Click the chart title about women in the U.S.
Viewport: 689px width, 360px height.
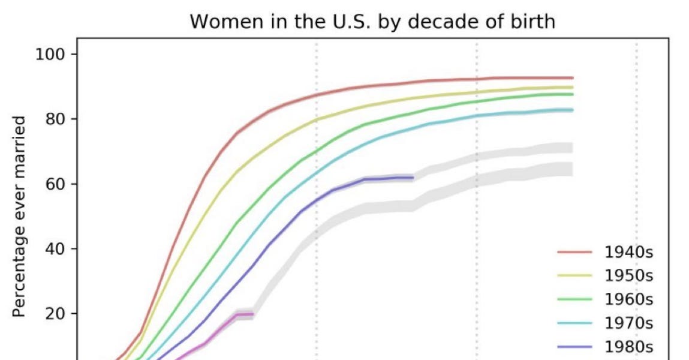click(x=372, y=22)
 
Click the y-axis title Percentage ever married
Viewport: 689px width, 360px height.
click(x=19, y=217)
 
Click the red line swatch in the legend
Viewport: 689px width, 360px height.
click(x=574, y=251)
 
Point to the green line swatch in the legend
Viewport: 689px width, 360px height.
click(x=574, y=299)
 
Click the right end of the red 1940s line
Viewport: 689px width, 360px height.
click(x=573, y=78)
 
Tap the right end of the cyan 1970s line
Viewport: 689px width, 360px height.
click(x=573, y=110)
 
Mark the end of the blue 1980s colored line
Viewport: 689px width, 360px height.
click(x=413, y=178)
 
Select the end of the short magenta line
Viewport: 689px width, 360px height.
click(x=253, y=314)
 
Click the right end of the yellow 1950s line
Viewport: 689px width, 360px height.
click(x=573, y=87)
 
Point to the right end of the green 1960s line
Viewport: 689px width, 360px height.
click(x=573, y=94)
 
